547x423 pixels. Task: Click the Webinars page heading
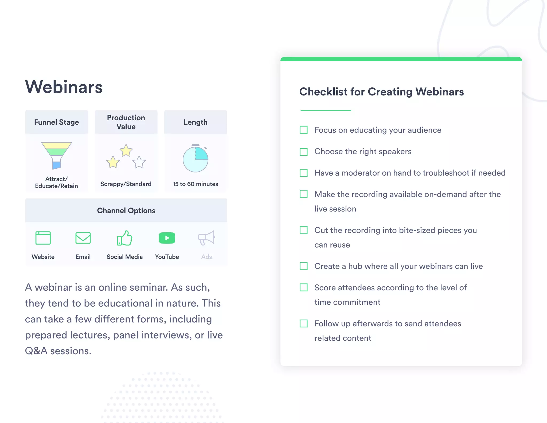click(64, 87)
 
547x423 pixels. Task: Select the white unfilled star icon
click(139, 162)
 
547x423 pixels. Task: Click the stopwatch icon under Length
click(196, 159)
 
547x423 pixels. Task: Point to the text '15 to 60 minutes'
click(195, 184)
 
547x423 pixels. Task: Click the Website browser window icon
click(43, 238)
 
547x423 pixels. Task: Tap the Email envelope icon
click(83, 238)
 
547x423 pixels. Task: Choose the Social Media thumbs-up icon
click(124, 238)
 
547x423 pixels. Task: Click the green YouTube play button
click(167, 238)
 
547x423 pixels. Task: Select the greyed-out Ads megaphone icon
click(206, 238)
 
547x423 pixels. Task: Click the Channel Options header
click(126, 210)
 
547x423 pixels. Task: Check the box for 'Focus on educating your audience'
click(304, 130)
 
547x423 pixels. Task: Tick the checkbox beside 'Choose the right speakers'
click(304, 152)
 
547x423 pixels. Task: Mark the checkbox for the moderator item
click(304, 173)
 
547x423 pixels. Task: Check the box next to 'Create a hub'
click(304, 266)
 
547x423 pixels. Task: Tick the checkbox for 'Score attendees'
click(304, 287)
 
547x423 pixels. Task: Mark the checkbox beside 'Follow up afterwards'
click(304, 324)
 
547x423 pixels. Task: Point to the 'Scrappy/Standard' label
click(126, 184)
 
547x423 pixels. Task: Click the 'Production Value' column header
click(126, 122)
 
